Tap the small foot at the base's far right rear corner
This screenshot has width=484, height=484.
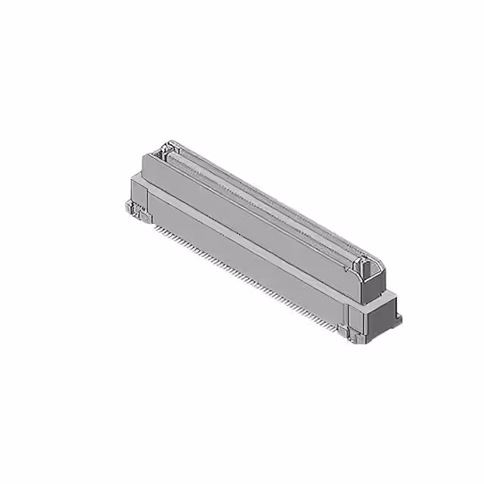[x=399, y=318]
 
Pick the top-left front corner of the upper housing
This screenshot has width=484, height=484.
[x=144, y=156]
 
